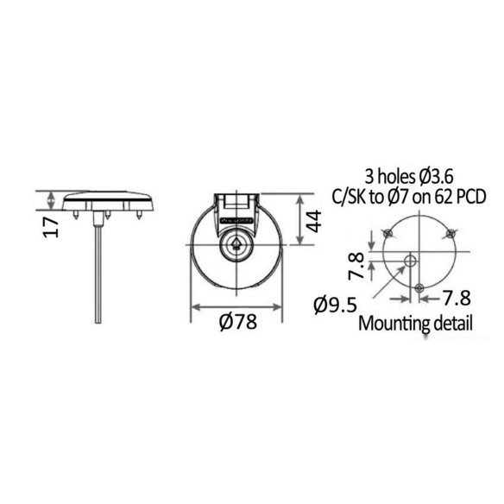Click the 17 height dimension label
[x=51, y=227]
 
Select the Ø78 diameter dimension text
[x=238, y=322]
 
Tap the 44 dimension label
[x=313, y=221]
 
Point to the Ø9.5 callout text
[x=336, y=305]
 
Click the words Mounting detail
[x=415, y=324]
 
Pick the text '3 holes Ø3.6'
[x=409, y=177]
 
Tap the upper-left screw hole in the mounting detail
[x=389, y=233]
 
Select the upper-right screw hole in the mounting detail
[x=451, y=233]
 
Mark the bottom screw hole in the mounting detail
[x=419, y=287]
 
